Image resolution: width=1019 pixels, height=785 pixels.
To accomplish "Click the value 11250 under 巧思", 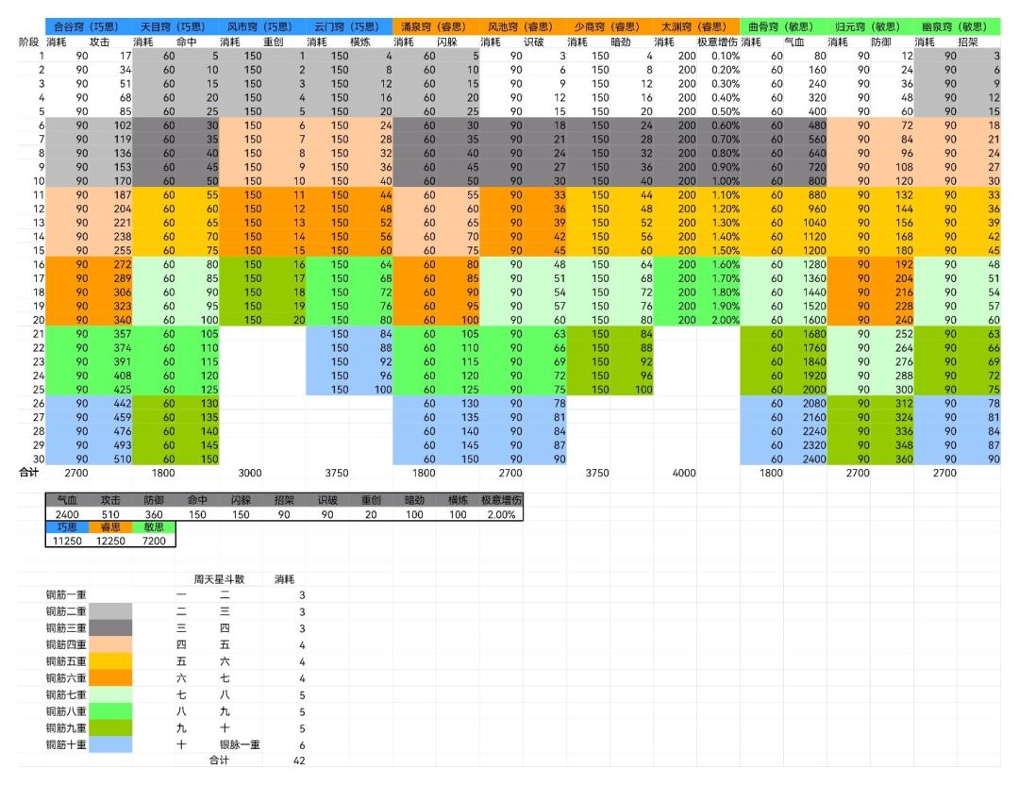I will click(x=66, y=541).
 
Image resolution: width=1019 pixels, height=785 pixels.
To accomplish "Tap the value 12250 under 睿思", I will click(x=109, y=541).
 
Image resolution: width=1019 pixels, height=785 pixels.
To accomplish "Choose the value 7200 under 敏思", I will click(x=153, y=541).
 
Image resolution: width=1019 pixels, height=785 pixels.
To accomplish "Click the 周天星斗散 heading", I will click(x=219, y=578).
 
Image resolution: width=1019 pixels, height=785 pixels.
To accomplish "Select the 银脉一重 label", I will click(x=238, y=745).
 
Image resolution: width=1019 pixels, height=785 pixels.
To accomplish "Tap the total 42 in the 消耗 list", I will click(x=299, y=761).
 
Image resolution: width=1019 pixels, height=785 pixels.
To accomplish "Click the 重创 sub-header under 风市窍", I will click(x=274, y=42).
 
